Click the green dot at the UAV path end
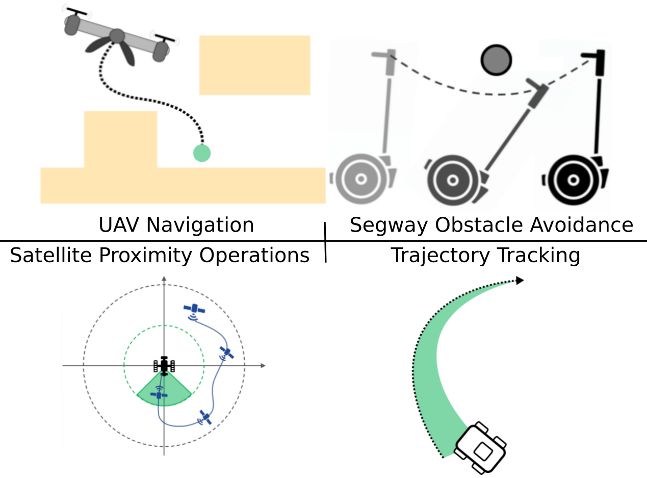(202, 153)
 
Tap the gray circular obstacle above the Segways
(496, 60)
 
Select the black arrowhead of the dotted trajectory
(520, 280)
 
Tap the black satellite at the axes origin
(164, 365)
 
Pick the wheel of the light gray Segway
(361, 179)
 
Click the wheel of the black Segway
(573, 180)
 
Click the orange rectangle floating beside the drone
(254, 65)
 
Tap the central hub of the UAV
(117, 36)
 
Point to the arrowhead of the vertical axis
(164, 279)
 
